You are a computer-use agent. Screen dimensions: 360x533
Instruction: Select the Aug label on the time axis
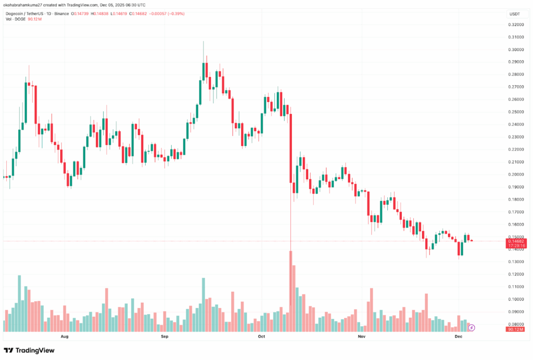65,337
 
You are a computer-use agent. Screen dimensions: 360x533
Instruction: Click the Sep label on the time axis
164,337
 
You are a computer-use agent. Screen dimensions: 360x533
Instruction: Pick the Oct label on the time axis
262,337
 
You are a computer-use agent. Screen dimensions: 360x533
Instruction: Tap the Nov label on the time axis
362,337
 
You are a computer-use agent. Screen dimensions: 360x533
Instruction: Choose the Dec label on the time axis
459,337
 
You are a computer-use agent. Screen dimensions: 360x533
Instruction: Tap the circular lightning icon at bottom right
472,328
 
